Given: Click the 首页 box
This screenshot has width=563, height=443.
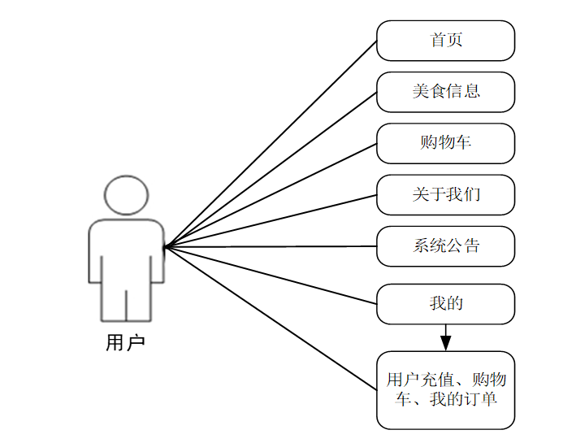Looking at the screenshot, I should tap(445, 41).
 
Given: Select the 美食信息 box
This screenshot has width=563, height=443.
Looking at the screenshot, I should tap(445, 92).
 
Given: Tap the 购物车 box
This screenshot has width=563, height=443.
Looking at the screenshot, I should tap(445, 143).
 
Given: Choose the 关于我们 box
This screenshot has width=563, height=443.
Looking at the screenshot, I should tap(445, 195).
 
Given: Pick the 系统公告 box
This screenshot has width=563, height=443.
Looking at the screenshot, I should tap(445, 245).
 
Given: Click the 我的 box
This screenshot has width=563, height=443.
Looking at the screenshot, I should tap(445, 304).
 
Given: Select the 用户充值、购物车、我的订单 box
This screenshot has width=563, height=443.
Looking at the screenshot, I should tap(445, 390).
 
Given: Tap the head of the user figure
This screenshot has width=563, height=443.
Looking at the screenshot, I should tap(127, 195).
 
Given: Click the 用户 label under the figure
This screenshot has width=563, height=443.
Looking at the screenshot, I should tap(126, 343).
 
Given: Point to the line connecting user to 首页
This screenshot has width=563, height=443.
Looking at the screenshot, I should tap(271, 144).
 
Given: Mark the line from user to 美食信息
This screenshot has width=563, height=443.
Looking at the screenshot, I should tap(271, 169).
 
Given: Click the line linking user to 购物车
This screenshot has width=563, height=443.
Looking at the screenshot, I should tap(271, 195).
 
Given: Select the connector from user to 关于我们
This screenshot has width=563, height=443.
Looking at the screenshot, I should tap(271, 220).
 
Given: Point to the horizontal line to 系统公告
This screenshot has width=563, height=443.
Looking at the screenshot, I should tap(271, 246).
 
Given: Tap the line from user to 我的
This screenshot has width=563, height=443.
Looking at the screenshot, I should tap(271, 275).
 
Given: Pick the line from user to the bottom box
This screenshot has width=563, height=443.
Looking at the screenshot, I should tap(271, 317).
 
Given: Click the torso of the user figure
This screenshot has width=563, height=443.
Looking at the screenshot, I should tap(127, 252).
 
